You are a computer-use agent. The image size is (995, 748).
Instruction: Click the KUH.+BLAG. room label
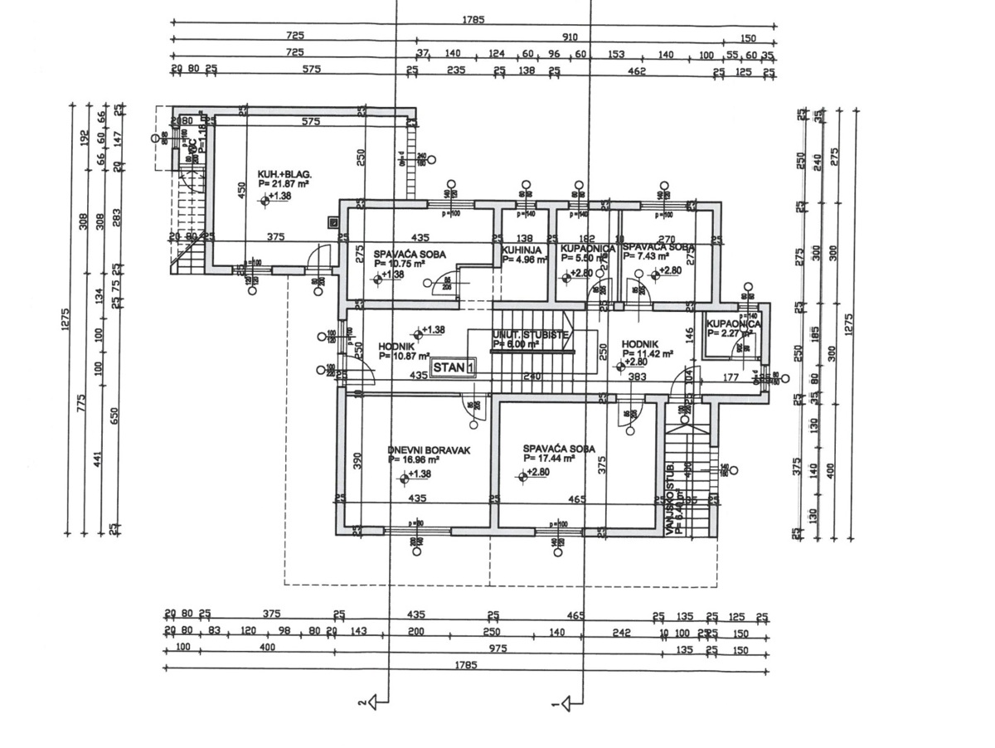click(x=284, y=173)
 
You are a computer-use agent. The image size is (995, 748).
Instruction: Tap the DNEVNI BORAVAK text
click(x=429, y=450)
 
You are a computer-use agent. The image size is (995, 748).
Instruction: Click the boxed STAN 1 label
click(x=454, y=366)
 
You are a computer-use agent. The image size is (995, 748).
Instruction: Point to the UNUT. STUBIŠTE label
click(x=530, y=333)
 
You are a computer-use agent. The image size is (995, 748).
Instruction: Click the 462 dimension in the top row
click(x=636, y=72)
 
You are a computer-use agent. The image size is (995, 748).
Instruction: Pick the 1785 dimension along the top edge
click(x=473, y=19)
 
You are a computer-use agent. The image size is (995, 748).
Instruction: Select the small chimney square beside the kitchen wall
click(x=332, y=221)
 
